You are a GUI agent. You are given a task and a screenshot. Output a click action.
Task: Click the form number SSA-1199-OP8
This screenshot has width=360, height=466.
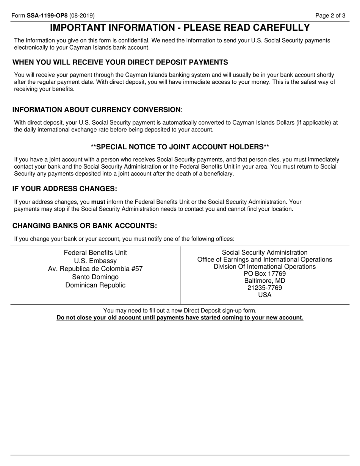[47, 16]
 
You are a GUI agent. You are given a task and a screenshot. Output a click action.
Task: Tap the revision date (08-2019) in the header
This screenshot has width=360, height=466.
[82, 16]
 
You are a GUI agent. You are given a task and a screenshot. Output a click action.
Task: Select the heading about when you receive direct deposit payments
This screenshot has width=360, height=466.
[120, 62]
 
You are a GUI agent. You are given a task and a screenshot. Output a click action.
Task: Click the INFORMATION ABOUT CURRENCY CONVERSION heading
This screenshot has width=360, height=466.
[97, 109]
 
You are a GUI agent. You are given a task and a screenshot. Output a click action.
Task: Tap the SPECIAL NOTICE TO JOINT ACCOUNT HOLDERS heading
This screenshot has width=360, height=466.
[180, 147]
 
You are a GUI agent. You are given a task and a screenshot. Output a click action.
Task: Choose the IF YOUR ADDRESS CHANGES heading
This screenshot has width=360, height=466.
[65, 189]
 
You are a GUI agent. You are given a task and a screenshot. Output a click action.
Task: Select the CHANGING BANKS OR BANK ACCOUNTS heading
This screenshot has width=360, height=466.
[85, 226]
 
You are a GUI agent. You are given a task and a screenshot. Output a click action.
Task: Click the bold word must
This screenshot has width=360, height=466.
[98, 202]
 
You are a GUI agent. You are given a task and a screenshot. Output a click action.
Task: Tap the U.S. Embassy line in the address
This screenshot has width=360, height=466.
[95, 261]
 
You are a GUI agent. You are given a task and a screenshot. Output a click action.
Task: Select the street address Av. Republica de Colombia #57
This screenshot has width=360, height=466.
[95, 269]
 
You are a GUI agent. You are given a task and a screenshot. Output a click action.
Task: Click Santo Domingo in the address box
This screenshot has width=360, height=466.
[95, 277]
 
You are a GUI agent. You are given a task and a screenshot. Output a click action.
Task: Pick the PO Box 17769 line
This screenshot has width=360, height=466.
[265, 274]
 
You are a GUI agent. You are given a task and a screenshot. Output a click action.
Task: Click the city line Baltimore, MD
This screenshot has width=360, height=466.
[265, 281]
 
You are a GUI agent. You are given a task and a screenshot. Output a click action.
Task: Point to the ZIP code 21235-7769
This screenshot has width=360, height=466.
[265, 288]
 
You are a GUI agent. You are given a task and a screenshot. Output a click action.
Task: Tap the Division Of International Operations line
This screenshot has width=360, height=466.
[265, 267]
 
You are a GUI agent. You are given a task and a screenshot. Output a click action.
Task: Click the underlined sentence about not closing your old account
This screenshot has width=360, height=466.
[180, 317]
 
